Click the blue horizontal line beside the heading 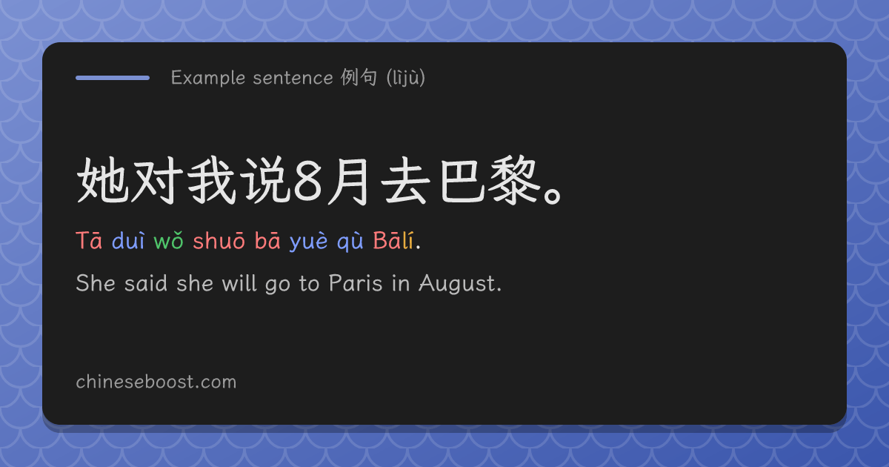pos(113,78)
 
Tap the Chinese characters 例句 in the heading pos(359,77)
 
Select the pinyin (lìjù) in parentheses pos(406,78)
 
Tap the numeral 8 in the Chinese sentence pos(307,181)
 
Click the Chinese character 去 pos(405,181)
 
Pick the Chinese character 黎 pos(514,181)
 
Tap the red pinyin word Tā pos(89,240)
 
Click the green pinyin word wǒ pos(169,241)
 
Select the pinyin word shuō pos(219,241)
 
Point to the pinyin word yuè pos(309,242)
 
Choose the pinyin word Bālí pos(393,240)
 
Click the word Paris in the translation pos(356,283)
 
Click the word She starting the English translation pos(96,283)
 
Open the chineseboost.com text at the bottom pos(156,382)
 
